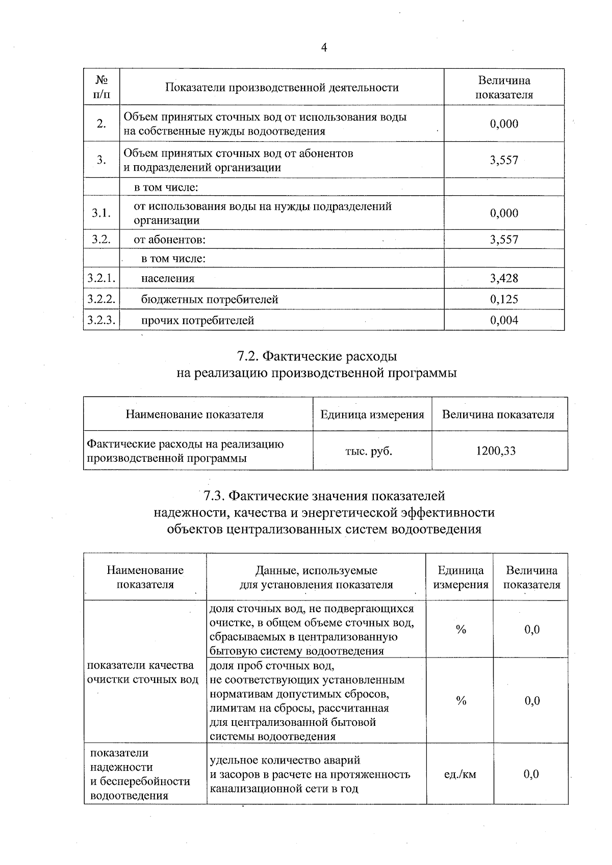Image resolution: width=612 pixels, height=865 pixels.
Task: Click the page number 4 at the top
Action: click(x=324, y=47)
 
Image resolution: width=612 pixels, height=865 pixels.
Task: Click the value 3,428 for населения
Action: click(x=504, y=278)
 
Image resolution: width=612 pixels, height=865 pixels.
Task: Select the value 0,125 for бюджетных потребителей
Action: click(x=504, y=299)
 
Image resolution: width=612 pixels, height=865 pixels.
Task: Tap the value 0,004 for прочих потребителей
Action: click(x=504, y=320)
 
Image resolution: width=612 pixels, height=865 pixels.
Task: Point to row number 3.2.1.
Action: click(x=101, y=278)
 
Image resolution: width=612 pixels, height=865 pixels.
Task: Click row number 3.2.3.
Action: click(x=101, y=320)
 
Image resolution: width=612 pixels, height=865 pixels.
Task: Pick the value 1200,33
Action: click(x=496, y=451)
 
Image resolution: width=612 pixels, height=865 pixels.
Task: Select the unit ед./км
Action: click(x=460, y=774)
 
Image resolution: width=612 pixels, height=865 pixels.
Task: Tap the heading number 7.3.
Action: click(x=213, y=495)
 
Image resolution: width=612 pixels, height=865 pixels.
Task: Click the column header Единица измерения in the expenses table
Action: click(x=372, y=414)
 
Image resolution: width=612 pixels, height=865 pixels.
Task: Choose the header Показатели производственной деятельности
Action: click(x=282, y=88)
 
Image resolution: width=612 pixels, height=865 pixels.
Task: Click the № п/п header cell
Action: click(x=101, y=87)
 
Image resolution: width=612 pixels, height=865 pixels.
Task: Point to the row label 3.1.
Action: click(x=101, y=213)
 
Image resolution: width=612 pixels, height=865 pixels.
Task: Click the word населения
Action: click(x=168, y=278)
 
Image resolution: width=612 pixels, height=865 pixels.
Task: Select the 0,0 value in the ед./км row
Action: click(x=531, y=774)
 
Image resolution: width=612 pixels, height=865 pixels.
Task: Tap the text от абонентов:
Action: click(x=169, y=240)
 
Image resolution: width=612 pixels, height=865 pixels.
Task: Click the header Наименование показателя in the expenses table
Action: click(x=195, y=414)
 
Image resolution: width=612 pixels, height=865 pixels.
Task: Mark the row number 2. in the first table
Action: click(x=101, y=123)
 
